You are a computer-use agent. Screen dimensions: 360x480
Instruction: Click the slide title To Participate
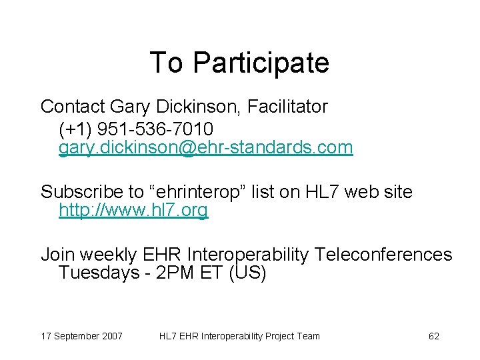click(x=239, y=63)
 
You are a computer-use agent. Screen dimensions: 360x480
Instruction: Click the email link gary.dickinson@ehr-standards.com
click(x=205, y=147)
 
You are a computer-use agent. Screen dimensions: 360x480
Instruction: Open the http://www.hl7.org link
click(x=133, y=211)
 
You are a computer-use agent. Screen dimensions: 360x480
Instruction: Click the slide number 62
click(x=433, y=336)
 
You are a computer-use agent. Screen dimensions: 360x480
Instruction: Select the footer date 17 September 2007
click(x=81, y=336)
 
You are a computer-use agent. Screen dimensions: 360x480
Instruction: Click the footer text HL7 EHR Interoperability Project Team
click(x=239, y=336)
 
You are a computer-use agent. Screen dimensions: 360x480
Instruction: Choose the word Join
click(x=56, y=255)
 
